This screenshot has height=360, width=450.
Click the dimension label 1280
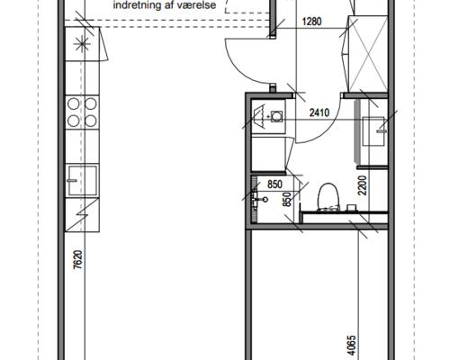[311, 22]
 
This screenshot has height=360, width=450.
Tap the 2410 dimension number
[319, 112]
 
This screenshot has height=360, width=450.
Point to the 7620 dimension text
[77, 259]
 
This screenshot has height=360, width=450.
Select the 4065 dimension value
[351, 346]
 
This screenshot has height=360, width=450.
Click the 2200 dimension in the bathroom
[363, 185]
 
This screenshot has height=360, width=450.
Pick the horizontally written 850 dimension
[274, 184]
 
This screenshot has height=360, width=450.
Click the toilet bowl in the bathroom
[328, 196]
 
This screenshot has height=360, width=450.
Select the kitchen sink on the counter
[83, 181]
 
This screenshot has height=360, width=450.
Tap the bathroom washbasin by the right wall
[373, 131]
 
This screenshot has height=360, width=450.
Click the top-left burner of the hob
[74, 103]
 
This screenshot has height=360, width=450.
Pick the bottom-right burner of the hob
[91, 121]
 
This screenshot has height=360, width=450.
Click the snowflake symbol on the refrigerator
[82, 44]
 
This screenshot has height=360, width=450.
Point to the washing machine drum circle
[276, 116]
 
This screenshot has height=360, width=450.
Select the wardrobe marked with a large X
[368, 54]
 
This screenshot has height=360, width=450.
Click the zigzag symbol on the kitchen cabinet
[82, 214]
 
